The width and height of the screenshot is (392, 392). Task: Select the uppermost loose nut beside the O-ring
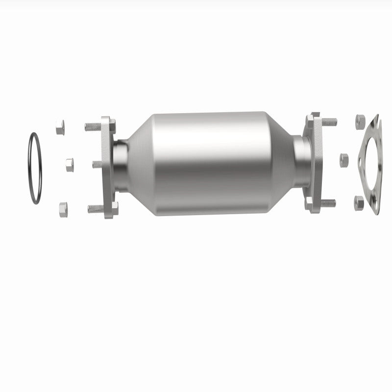(x=60, y=127)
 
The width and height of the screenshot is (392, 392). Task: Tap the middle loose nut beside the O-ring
(x=69, y=165)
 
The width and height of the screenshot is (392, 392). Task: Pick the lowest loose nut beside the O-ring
(x=63, y=209)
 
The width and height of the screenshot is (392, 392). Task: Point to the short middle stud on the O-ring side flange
(x=97, y=164)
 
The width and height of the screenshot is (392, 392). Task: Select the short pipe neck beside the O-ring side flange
(x=121, y=165)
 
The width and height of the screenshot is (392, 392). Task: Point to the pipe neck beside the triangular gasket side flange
(x=301, y=161)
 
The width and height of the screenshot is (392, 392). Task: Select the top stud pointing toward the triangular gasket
(x=329, y=121)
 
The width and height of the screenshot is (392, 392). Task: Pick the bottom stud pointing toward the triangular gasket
(x=328, y=202)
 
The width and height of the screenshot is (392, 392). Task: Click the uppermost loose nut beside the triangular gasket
(x=360, y=120)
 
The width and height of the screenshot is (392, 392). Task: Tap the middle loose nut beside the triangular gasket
(x=344, y=160)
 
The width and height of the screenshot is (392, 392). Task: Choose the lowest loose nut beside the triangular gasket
(x=359, y=202)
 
